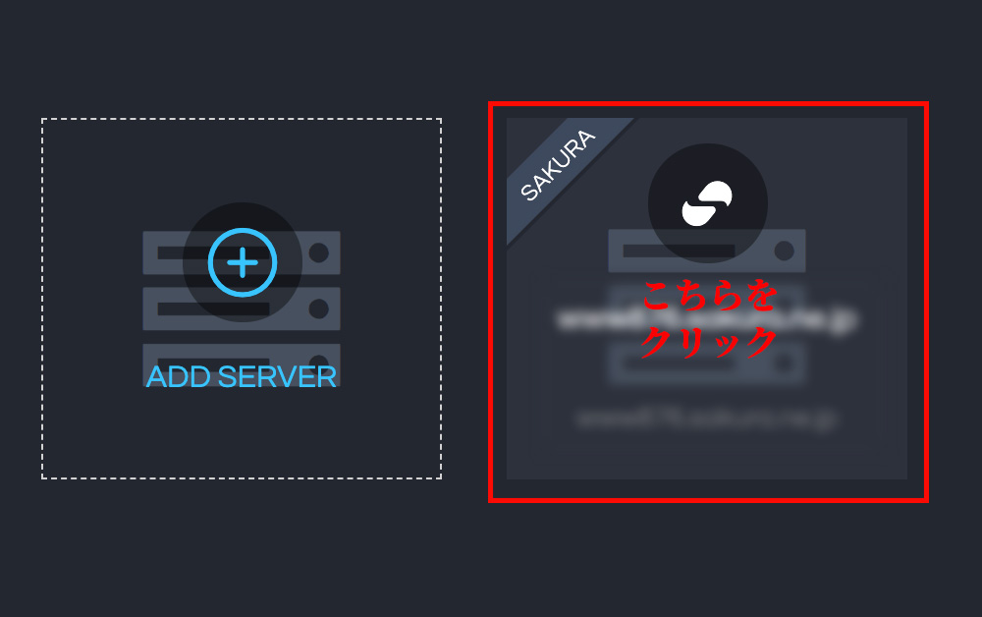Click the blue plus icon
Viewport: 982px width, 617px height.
[x=243, y=262]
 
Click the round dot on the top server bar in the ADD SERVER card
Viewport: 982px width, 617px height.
[x=318, y=252]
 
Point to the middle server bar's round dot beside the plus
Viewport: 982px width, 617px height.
[x=318, y=308]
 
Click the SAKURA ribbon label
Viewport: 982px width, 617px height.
[x=558, y=166]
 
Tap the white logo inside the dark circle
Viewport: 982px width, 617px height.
[x=707, y=203]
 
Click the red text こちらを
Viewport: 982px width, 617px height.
[x=709, y=296]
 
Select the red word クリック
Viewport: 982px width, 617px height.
[x=709, y=342]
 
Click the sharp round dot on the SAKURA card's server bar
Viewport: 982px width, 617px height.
[x=784, y=251]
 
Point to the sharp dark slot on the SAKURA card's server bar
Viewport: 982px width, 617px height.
[x=678, y=251]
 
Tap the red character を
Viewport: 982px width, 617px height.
[x=758, y=296]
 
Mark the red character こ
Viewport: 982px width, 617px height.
[x=660, y=296]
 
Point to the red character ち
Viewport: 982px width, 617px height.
[x=692, y=296]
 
